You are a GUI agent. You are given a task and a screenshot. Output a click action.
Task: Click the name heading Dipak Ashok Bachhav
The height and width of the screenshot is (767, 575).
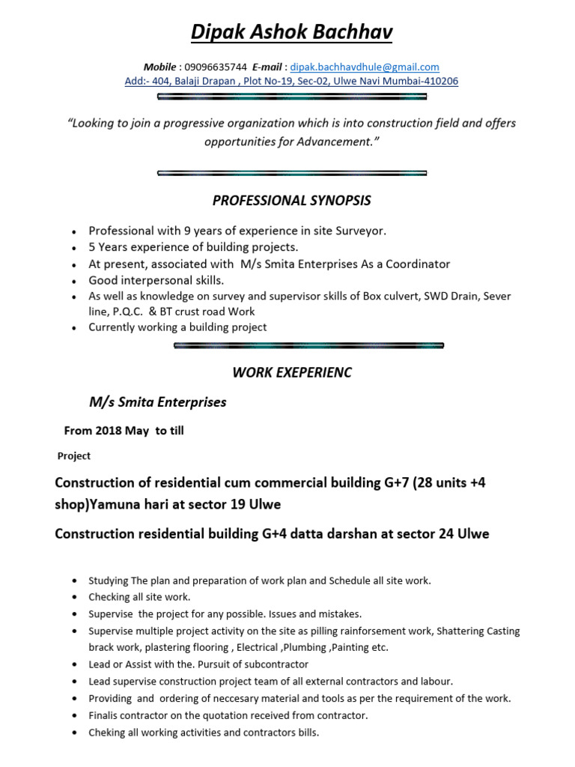point(291,31)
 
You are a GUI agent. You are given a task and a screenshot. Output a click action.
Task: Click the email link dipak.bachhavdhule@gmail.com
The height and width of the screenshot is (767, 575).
point(365,67)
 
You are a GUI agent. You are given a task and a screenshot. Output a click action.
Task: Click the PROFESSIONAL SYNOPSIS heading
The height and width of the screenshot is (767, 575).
point(291,201)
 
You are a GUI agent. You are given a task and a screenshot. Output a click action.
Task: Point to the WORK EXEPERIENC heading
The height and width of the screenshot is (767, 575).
point(291,372)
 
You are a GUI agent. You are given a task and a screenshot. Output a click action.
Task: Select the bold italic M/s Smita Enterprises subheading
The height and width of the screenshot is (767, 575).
point(157,402)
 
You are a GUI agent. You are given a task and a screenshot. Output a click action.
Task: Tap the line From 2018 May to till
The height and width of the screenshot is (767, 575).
point(124,431)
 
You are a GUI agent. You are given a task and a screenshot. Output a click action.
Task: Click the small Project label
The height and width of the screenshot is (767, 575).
point(74,456)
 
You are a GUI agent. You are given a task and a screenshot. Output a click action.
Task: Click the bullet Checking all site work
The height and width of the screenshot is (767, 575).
point(139,597)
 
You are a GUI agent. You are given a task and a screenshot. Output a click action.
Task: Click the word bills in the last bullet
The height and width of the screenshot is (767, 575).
point(307,733)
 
